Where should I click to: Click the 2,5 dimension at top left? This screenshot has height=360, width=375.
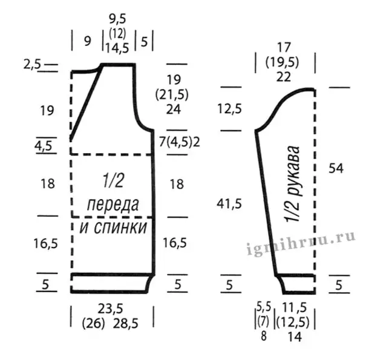coord(32,65)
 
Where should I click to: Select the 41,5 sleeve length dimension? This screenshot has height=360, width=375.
coord(229,204)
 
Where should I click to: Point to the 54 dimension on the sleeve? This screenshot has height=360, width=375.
coord(336,168)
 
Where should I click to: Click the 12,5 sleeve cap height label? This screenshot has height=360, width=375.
coord(230,109)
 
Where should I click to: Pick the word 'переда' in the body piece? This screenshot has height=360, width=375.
coord(113,205)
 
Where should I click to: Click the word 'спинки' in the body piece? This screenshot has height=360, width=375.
coord(120,227)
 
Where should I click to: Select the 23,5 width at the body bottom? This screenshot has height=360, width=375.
coord(110,309)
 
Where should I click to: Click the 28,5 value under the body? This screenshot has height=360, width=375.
coord(126,324)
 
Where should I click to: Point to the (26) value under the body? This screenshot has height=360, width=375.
coord(94,324)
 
